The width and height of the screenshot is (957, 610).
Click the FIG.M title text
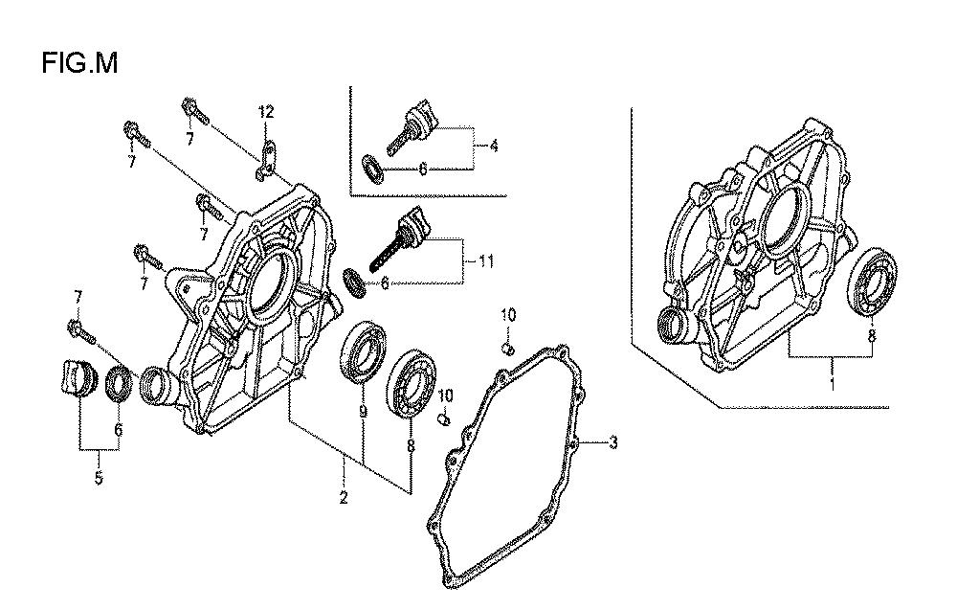point(80,63)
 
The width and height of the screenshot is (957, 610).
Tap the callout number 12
point(265,112)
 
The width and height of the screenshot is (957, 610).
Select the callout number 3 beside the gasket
point(612,441)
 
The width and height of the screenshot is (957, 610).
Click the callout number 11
point(485,262)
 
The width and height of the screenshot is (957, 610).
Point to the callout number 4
point(493,146)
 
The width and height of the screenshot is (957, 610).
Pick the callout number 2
point(344,497)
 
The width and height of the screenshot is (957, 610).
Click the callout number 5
point(99,478)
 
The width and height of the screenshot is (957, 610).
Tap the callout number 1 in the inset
point(832,384)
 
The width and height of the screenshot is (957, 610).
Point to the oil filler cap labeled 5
point(80,379)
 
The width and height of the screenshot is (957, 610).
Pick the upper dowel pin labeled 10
point(506,348)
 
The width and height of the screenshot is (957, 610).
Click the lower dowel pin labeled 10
point(444,419)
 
